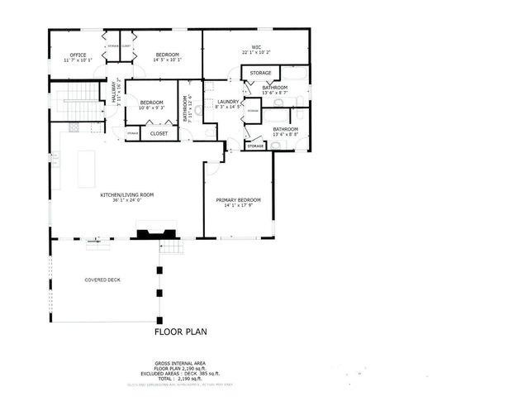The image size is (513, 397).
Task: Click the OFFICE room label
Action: click(78, 55)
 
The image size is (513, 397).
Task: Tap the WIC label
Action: click(256, 47)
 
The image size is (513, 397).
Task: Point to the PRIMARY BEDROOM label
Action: click(238, 199)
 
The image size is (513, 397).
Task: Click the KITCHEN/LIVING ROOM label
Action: click(126, 195)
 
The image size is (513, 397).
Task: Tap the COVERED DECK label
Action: click(102, 280)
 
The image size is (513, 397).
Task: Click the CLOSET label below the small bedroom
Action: click(159, 133)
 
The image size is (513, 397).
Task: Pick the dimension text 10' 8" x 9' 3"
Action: click(151, 108)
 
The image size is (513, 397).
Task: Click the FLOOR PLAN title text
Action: click(181, 332)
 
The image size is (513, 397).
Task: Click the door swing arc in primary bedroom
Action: click(213, 168)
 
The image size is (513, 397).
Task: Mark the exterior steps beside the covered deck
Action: click(171, 247)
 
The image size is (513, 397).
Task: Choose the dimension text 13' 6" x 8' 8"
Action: click(285, 136)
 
